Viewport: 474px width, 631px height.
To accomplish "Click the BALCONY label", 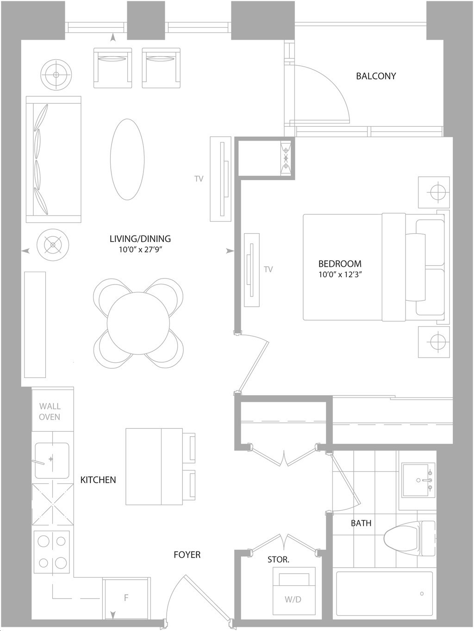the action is tap(376, 76).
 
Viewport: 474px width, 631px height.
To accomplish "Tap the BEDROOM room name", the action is tap(340, 264).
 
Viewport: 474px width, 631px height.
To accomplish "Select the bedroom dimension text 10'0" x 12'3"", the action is tap(340, 274).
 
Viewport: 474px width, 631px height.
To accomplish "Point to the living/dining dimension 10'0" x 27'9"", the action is tap(141, 249).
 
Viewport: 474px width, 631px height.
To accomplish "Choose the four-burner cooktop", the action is tap(52, 554).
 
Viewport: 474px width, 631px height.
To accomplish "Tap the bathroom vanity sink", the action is tap(418, 480).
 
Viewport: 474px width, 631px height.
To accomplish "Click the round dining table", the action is tap(138, 323).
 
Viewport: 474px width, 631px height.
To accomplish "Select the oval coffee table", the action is tap(127, 159).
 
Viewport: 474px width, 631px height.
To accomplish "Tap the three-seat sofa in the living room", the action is tap(54, 160).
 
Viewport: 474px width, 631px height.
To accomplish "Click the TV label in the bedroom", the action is tap(268, 269).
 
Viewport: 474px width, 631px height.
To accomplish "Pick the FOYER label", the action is tap(187, 555).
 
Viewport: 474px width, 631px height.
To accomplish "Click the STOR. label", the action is tap(278, 559).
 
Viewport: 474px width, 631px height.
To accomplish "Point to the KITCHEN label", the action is tap(98, 480).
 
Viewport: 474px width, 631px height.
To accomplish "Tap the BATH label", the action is tap(361, 523).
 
